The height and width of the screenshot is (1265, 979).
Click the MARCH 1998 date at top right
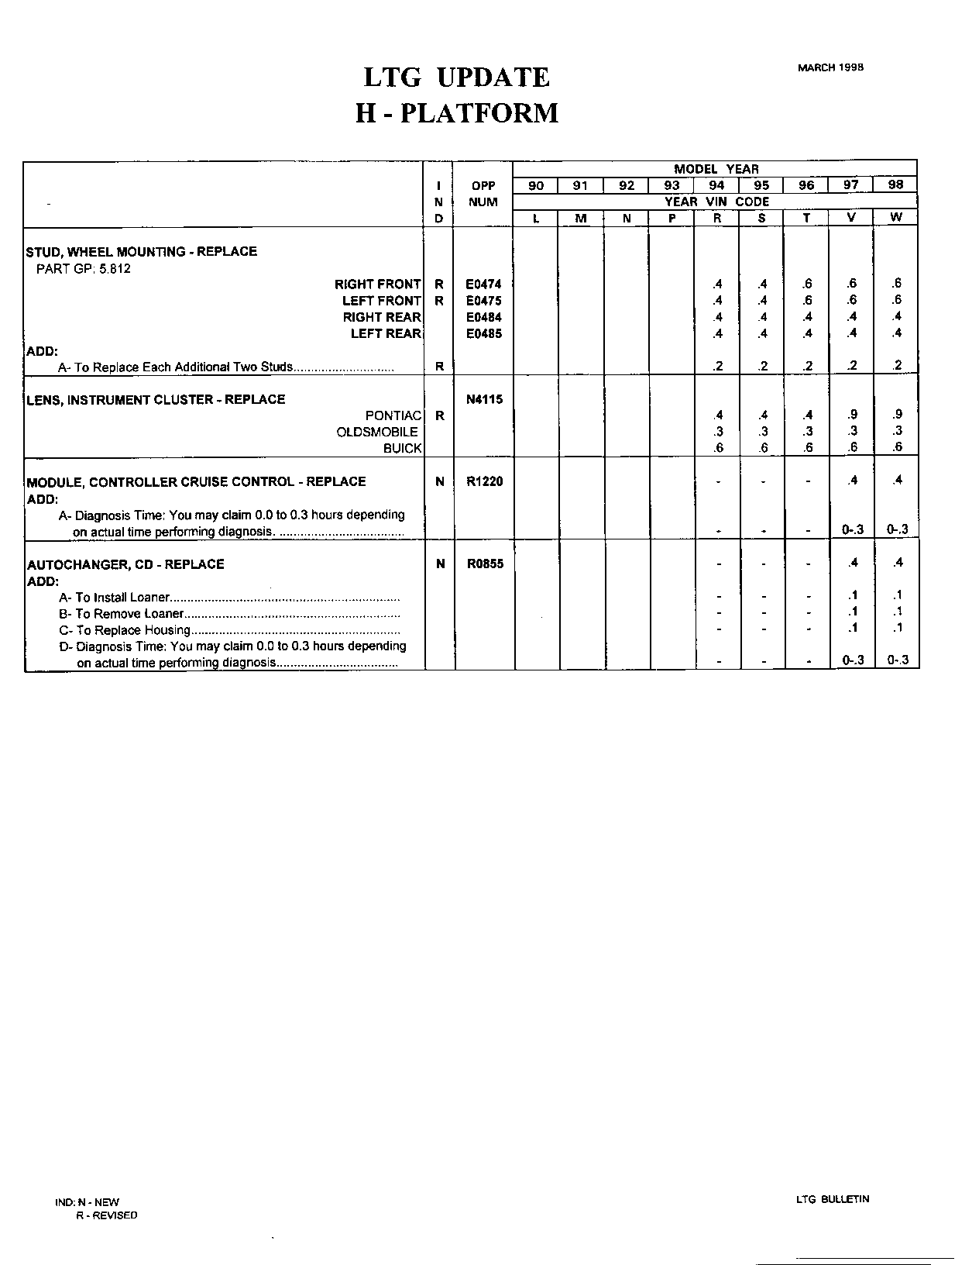click(830, 67)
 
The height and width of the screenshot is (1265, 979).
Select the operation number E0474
click(483, 284)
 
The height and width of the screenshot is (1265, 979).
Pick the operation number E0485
click(483, 334)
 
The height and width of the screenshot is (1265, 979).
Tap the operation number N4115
click(484, 400)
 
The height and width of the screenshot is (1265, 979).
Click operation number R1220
click(484, 481)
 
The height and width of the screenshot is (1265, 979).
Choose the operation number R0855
click(484, 564)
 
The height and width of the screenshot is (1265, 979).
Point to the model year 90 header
click(536, 186)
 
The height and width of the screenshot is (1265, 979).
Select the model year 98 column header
click(895, 185)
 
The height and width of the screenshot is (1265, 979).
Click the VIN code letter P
click(672, 219)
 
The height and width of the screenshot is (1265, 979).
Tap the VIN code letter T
click(806, 219)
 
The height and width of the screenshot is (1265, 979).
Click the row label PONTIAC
click(393, 415)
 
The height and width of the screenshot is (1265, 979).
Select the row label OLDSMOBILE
click(377, 432)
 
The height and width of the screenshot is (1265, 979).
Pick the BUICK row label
click(402, 448)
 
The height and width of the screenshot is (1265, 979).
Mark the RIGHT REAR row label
click(382, 317)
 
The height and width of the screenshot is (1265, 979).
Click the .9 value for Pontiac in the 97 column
click(852, 415)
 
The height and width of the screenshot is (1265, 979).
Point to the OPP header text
click(483, 186)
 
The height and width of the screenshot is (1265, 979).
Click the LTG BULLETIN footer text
click(833, 1199)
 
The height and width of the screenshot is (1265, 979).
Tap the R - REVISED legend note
click(106, 1215)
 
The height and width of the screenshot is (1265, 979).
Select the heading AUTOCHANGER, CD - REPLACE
click(125, 564)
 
